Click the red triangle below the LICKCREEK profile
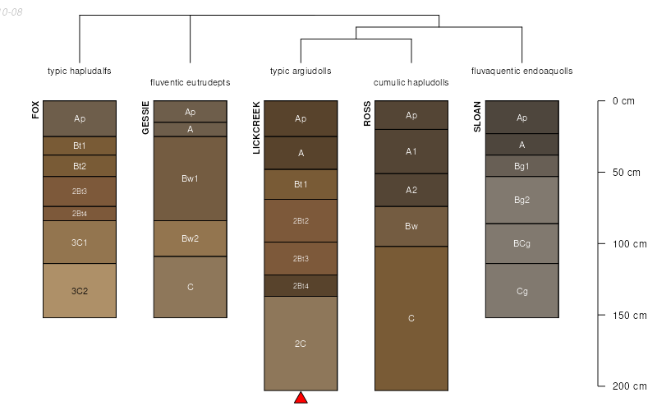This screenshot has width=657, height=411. (301, 398)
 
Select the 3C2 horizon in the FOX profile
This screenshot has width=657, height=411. (80, 290)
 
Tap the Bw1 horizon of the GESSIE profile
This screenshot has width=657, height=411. (190, 178)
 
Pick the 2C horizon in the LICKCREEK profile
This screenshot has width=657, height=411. (301, 343)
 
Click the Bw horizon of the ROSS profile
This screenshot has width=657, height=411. (411, 226)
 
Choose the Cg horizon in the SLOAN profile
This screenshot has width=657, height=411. (522, 290)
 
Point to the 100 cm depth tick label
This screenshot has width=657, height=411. (625, 244)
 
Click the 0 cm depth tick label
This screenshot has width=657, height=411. (623, 102)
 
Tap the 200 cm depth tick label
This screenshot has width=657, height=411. (625, 386)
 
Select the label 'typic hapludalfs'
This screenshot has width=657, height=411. (80, 71)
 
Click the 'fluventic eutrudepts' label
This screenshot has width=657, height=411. (190, 82)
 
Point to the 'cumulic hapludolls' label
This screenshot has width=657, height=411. (411, 82)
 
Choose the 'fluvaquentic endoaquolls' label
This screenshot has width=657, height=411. (522, 71)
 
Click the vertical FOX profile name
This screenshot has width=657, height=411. (36, 110)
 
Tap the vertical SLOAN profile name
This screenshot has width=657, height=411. (478, 116)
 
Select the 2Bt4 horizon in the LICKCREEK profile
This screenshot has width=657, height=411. (301, 285)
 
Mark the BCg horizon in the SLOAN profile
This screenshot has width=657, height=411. (522, 243)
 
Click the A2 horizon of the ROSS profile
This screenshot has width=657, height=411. (411, 190)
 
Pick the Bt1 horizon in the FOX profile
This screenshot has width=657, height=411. (80, 145)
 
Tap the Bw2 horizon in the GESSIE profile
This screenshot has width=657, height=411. (190, 238)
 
